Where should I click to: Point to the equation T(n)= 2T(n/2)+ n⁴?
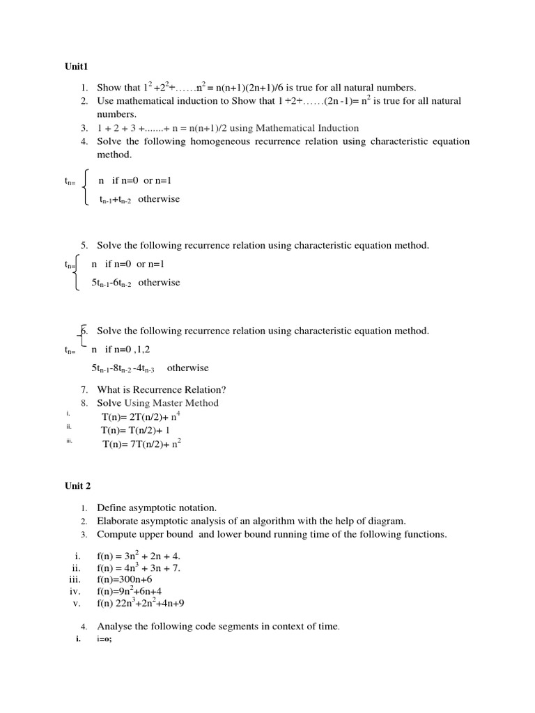[x=141, y=416]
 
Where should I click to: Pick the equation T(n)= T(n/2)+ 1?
[x=135, y=430]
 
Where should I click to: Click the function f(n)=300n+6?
[x=124, y=579]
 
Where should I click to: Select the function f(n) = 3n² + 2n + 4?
[x=139, y=556]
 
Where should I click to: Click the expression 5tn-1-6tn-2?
[x=111, y=283]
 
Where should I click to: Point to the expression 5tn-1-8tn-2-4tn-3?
[x=123, y=368]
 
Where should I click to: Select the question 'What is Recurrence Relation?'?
[x=162, y=389]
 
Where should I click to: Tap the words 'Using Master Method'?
[x=171, y=403]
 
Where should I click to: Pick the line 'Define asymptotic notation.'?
[x=157, y=508]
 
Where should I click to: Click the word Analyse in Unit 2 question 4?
[x=114, y=627]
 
